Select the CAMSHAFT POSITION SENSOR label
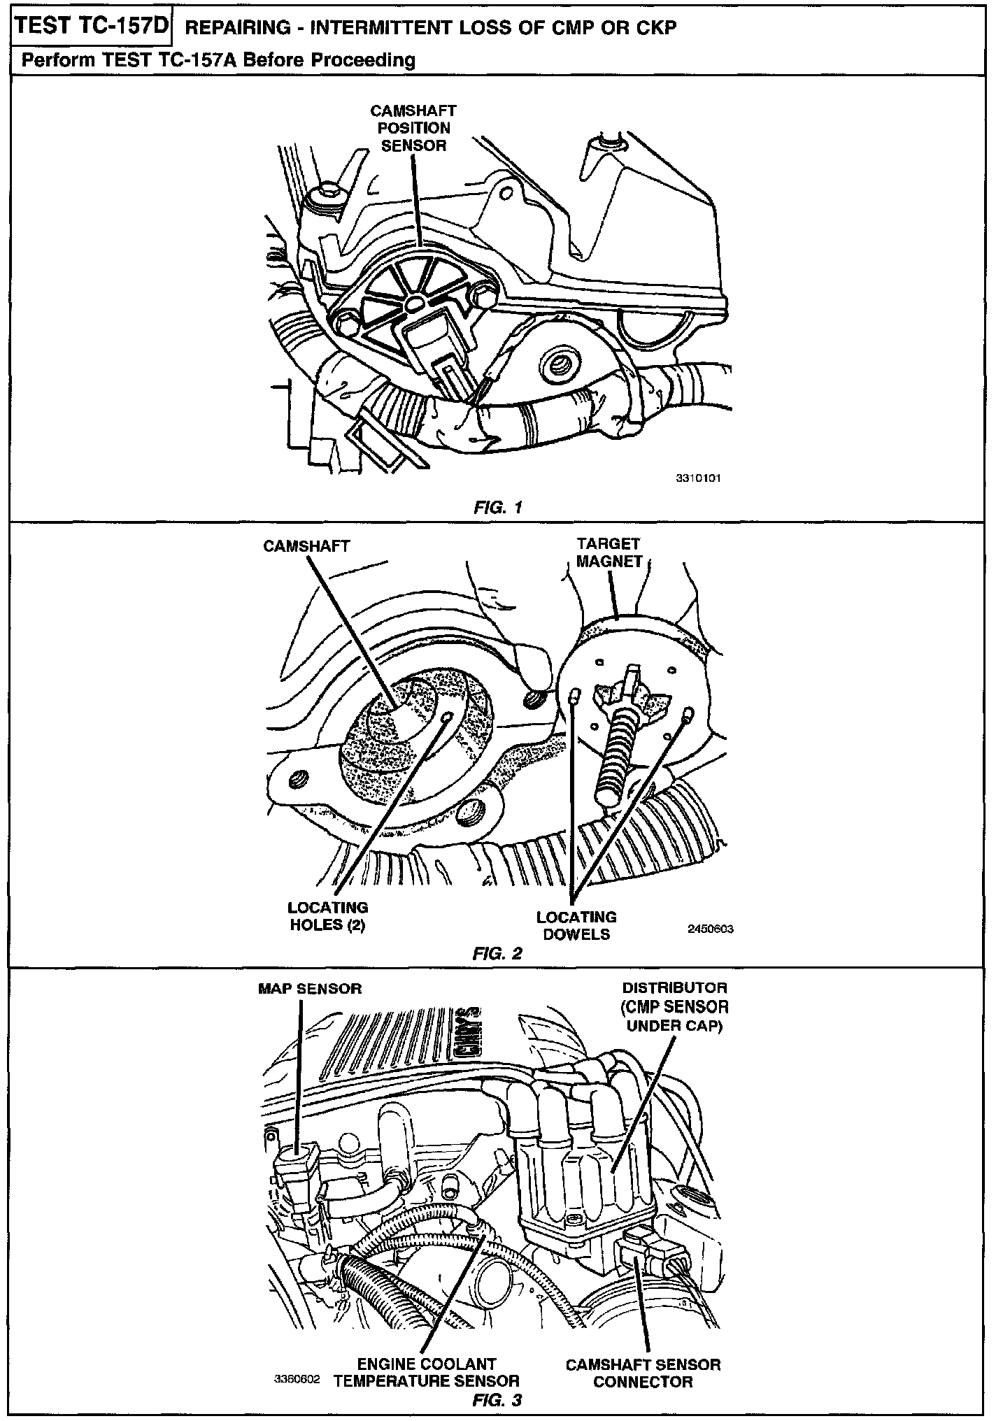pyautogui.click(x=413, y=128)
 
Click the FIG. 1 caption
pyautogui.click(x=497, y=507)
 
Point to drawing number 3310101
pyautogui.click(x=698, y=478)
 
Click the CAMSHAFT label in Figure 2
pyautogui.click(x=306, y=546)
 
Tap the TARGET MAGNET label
pyautogui.click(x=609, y=552)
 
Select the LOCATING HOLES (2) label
pyautogui.click(x=327, y=916)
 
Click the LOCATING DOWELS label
pyautogui.click(x=576, y=925)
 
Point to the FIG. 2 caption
pyautogui.click(x=497, y=953)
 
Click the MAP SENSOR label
pyautogui.click(x=310, y=989)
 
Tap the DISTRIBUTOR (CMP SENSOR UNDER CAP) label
pyautogui.click(x=675, y=1007)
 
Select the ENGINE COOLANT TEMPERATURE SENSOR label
pyautogui.click(x=426, y=1372)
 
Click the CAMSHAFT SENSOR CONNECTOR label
pyautogui.click(x=643, y=1373)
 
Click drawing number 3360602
pyautogui.click(x=297, y=1380)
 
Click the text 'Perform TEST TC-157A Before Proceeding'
pyautogui.click(x=218, y=60)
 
